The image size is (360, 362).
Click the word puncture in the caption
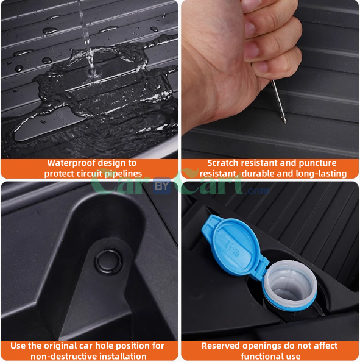click(314, 163)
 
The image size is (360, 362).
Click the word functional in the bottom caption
click(263, 356)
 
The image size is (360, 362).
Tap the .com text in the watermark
click(258, 191)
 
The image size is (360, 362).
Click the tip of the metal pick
click(284, 122)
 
